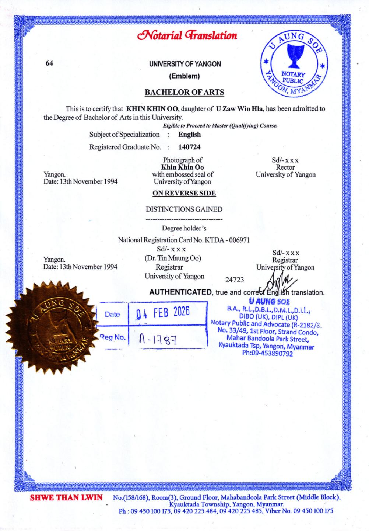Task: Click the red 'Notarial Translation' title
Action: point(187,35)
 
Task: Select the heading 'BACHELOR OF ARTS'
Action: point(184,92)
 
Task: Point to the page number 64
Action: point(49,63)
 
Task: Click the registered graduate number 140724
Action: point(189,147)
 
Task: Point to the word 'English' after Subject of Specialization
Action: point(189,135)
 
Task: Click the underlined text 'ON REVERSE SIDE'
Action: point(184,193)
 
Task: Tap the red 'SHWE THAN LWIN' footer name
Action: point(66,498)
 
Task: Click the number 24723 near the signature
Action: point(234,280)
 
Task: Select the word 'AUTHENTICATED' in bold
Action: point(180,292)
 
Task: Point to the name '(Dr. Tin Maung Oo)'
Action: point(173,258)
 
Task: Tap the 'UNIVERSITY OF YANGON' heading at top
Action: point(185,64)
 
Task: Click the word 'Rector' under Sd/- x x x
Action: point(285,167)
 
